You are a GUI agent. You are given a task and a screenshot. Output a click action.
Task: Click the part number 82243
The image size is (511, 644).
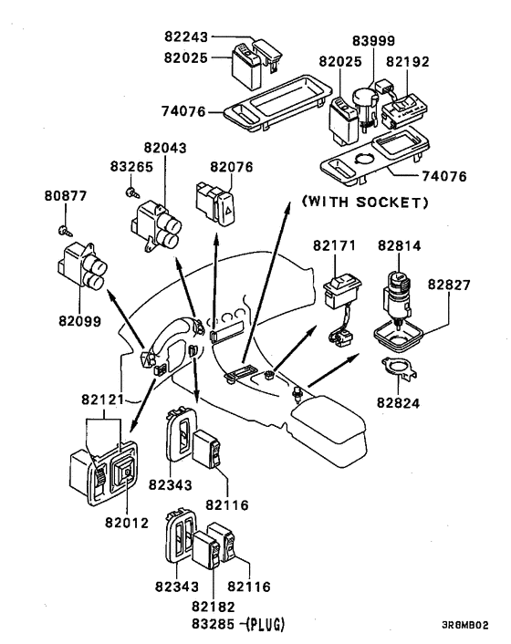(186, 36)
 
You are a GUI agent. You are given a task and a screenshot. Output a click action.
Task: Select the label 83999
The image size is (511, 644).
(374, 41)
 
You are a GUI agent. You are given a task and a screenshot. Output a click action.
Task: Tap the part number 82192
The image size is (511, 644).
(408, 61)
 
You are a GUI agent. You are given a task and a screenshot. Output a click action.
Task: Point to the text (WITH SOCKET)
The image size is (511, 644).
(365, 203)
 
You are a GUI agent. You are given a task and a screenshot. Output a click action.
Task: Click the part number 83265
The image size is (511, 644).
(131, 167)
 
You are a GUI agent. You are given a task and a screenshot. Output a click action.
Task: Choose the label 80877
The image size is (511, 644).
(66, 196)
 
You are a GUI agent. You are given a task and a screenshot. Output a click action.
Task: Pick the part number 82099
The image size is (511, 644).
(79, 321)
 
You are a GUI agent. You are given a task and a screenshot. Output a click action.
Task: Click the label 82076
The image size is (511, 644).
(232, 167)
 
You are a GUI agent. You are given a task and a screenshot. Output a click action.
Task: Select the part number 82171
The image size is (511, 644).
(334, 245)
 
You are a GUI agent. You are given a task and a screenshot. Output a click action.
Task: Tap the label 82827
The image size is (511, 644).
(449, 285)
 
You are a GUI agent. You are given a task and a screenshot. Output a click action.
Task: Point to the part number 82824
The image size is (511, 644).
(399, 403)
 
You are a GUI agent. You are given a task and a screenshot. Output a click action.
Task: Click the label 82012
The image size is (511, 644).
(127, 523)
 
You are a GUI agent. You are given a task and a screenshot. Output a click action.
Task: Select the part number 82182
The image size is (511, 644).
(214, 607)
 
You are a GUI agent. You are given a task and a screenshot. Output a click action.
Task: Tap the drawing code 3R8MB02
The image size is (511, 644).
(465, 625)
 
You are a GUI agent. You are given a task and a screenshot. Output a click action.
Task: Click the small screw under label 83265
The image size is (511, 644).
(131, 192)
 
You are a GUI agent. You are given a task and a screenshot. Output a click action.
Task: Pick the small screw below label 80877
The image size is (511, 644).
(66, 231)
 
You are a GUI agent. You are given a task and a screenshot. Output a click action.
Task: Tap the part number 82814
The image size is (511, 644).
(400, 245)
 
